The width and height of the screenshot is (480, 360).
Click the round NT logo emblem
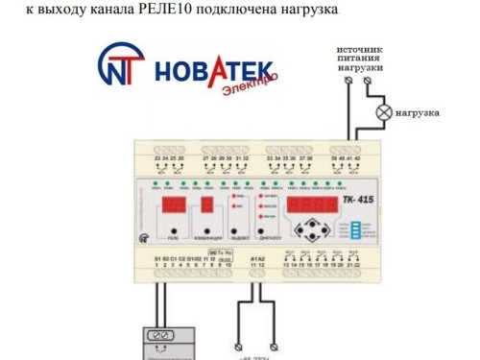(119, 67)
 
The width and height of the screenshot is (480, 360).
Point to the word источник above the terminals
(360, 48)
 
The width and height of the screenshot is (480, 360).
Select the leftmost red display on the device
(173, 206)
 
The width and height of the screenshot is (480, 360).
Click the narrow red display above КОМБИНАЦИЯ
(206, 206)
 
